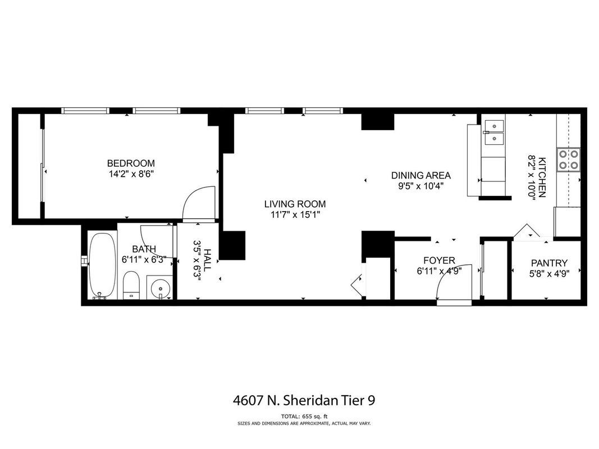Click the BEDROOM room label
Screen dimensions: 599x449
[131, 163]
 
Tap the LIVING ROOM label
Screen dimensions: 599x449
[295, 204]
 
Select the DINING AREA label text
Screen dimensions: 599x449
[421, 176]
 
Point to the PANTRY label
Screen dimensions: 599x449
[550, 263]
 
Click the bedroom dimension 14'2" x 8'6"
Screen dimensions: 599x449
[131, 174]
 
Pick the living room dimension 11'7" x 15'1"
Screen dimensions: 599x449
[295, 214]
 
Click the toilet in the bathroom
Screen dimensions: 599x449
[131, 285]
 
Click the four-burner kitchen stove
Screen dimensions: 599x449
[568, 159]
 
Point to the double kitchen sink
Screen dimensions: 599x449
[495, 132]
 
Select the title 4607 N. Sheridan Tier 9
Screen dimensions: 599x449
[304, 401]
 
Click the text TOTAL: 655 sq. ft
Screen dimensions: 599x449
[304, 416]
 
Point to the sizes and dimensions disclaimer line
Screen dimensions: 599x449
[304, 423]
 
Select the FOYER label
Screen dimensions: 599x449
[440, 261]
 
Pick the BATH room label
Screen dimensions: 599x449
[144, 249]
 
